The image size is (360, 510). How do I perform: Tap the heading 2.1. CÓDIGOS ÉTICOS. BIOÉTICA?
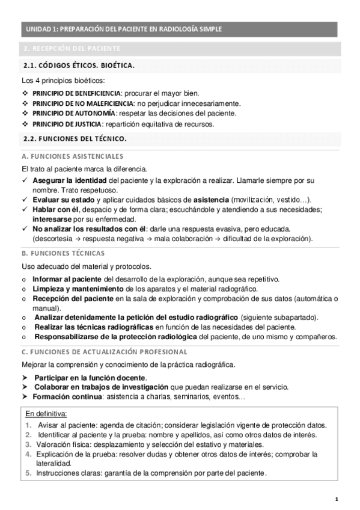[79, 65]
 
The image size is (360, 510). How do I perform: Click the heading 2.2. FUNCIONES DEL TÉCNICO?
[75, 139]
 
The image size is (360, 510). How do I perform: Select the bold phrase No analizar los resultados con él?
[90, 229]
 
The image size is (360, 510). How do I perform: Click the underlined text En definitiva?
[46, 414]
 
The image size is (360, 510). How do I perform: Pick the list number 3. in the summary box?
[28, 444]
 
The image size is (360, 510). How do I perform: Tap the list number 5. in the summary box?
[28, 473]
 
